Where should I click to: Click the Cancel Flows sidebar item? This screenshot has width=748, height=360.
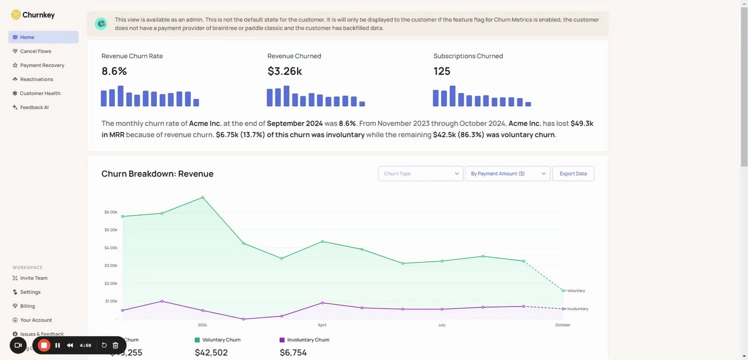click(x=35, y=51)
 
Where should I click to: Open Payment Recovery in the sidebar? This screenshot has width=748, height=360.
click(x=42, y=65)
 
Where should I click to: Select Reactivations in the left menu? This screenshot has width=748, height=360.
click(x=36, y=79)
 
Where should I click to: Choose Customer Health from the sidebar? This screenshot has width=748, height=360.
click(x=40, y=93)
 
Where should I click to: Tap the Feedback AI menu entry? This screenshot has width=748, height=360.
click(x=34, y=107)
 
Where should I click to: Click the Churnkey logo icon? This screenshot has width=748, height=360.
click(x=16, y=15)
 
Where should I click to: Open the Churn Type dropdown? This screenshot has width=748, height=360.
click(x=420, y=173)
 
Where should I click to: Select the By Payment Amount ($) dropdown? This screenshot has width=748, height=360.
click(x=507, y=173)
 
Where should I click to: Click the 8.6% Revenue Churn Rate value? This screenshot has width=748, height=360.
click(x=114, y=71)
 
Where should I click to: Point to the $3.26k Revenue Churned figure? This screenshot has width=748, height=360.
click(x=284, y=71)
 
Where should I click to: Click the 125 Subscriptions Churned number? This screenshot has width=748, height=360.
click(x=442, y=71)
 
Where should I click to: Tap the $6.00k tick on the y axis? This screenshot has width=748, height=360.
click(x=110, y=212)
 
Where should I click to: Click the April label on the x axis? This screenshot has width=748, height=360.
click(x=322, y=325)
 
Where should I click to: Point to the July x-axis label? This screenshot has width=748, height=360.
click(x=441, y=325)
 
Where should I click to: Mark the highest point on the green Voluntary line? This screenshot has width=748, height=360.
click(x=202, y=197)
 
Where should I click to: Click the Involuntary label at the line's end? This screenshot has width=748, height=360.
click(x=577, y=309)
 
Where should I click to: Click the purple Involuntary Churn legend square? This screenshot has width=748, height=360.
click(x=282, y=340)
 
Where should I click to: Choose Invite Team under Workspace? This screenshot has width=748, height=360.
click(x=33, y=278)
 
